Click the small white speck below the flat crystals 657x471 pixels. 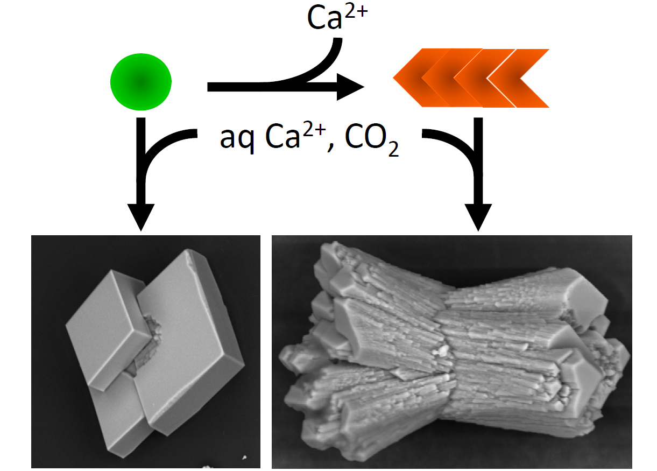244,458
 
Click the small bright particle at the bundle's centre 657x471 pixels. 444,351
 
